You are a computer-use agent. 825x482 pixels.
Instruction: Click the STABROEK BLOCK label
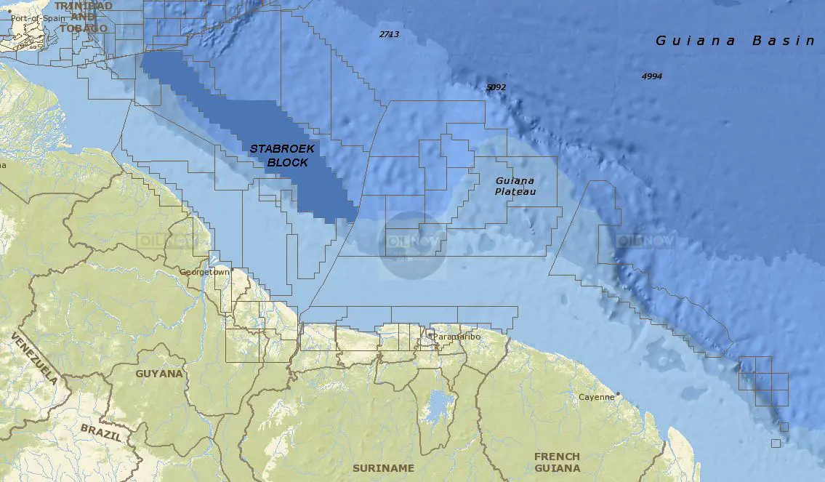pyautogui.click(x=281, y=156)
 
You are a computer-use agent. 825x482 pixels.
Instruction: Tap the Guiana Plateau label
pyautogui.click(x=515, y=185)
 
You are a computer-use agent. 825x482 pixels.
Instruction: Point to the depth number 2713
pyautogui.click(x=389, y=34)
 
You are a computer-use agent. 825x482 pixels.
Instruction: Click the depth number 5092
pyautogui.click(x=496, y=87)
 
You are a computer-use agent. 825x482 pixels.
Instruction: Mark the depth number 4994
pyautogui.click(x=651, y=76)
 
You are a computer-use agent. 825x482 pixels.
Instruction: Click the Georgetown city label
pyautogui.click(x=204, y=272)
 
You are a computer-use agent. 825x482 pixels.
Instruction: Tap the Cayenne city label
pyautogui.click(x=596, y=398)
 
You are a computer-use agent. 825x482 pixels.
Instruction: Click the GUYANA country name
pyautogui.click(x=159, y=374)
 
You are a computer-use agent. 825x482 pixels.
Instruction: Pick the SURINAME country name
pyautogui.click(x=383, y=467)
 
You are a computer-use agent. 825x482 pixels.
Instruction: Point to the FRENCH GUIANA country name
pyautogui.click(x=557, y=462)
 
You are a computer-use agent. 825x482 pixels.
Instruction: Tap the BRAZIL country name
pyautogui.click(x=101, y=430)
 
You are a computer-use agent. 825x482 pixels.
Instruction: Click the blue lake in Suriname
pyautogui.click(x=436, y=405)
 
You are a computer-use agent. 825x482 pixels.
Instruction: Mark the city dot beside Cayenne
pyautogui.click(x=617, y=394)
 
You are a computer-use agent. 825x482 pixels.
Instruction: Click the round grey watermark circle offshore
pyautogui.click(x=413, y=244)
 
